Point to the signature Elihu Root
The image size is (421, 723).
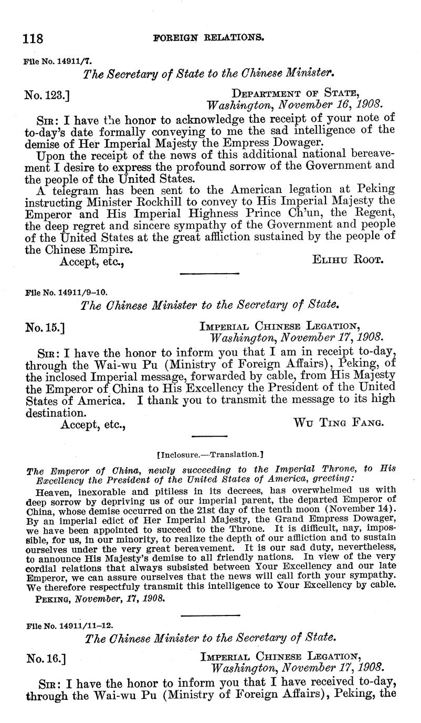click(348, 260)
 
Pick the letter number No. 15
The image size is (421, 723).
click(44, 328)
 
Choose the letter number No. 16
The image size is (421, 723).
click(45, 658)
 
